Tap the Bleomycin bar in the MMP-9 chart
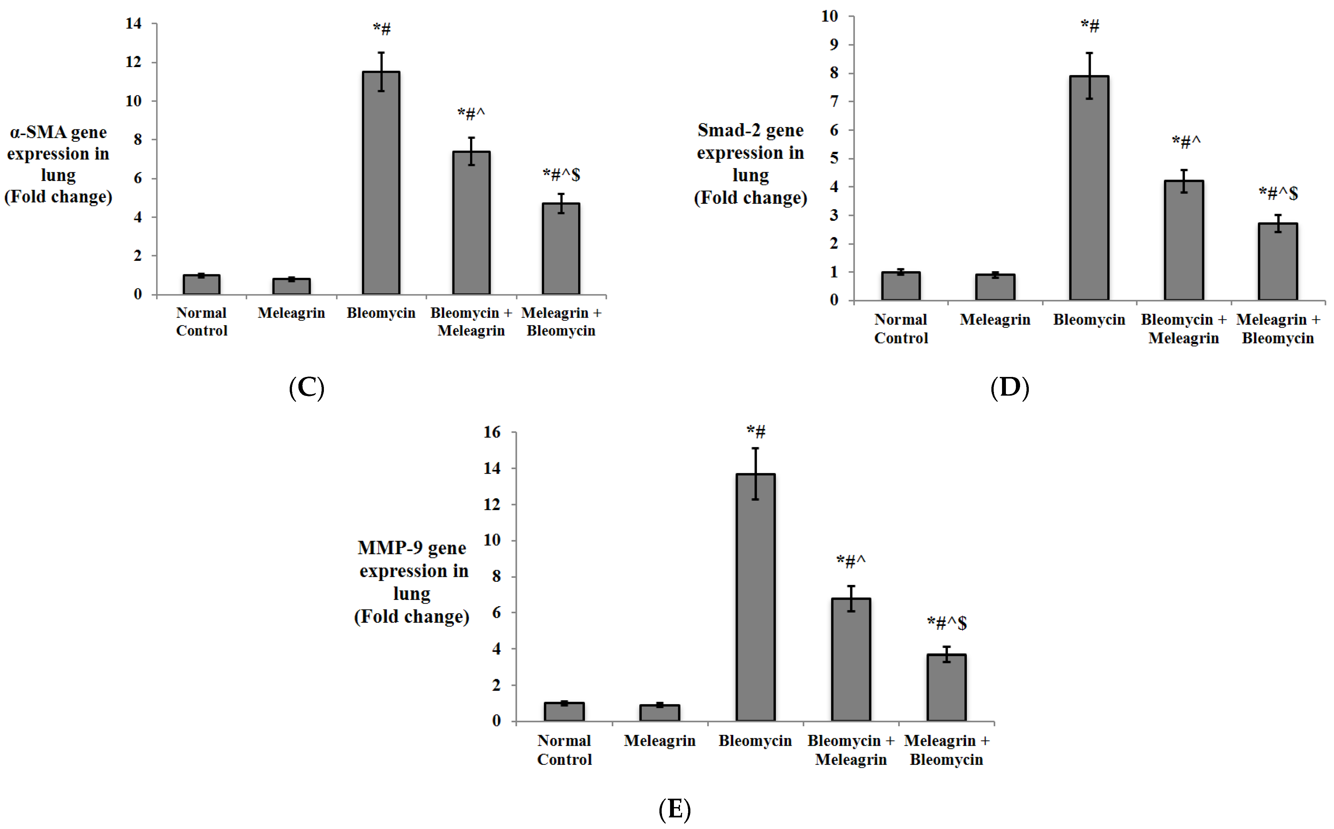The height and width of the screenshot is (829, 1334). coord(755,597)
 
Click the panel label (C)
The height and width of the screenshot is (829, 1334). coord(306,388)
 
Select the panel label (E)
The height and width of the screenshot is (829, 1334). coord(674,809)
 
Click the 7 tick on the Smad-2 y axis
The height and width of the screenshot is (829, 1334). coord(834,102)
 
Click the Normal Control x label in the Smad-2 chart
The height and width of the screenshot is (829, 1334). coord(901,329)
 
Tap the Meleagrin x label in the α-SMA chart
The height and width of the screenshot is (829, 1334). coord(291,313)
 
